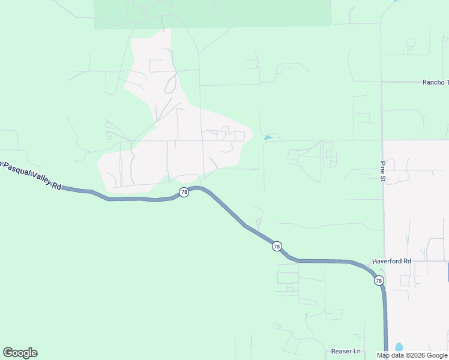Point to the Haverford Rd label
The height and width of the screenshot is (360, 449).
(391, 261)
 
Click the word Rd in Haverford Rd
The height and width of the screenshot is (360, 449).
(407, 261)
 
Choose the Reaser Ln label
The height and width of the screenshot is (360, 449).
(346, 351)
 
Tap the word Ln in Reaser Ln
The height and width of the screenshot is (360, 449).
(357, 351)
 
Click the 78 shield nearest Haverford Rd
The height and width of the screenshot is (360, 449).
(379, 280)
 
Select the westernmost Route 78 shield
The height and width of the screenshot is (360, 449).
(184, 192)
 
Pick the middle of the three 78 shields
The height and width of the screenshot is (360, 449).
(276, 246)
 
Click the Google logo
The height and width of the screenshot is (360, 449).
(20, 353)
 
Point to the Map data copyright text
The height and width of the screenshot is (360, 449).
(411, 355)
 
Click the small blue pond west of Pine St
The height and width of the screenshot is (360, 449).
(268, 138)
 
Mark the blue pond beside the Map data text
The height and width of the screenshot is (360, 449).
(399, 347)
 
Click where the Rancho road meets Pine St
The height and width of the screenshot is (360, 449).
(382, 82)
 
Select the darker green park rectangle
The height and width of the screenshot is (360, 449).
(212, 13)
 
